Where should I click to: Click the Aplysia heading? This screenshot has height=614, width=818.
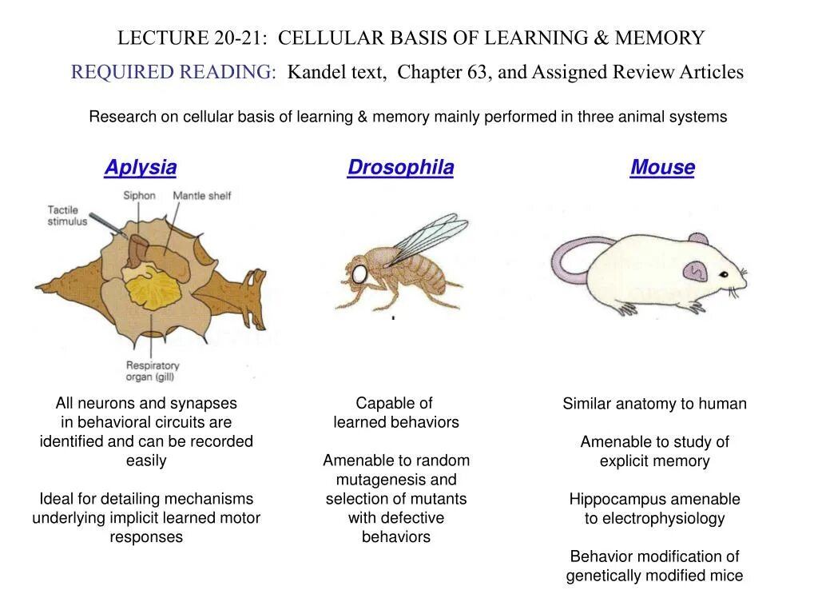tap(140, 168)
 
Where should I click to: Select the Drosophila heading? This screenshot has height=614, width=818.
tap(400, 168)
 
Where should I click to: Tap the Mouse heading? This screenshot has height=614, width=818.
tap(662, 168)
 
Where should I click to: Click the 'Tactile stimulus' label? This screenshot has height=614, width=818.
tap(66, 216)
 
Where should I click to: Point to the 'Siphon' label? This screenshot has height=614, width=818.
tap(138, 196)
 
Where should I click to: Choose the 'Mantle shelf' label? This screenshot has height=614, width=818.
tap(201, 196)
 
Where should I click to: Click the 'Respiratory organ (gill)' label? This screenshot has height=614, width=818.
tap(152, 372)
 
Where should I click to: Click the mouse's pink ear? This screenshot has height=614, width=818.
tap(695, 271)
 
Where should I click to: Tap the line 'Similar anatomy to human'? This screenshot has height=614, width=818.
tap(654, 404)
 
